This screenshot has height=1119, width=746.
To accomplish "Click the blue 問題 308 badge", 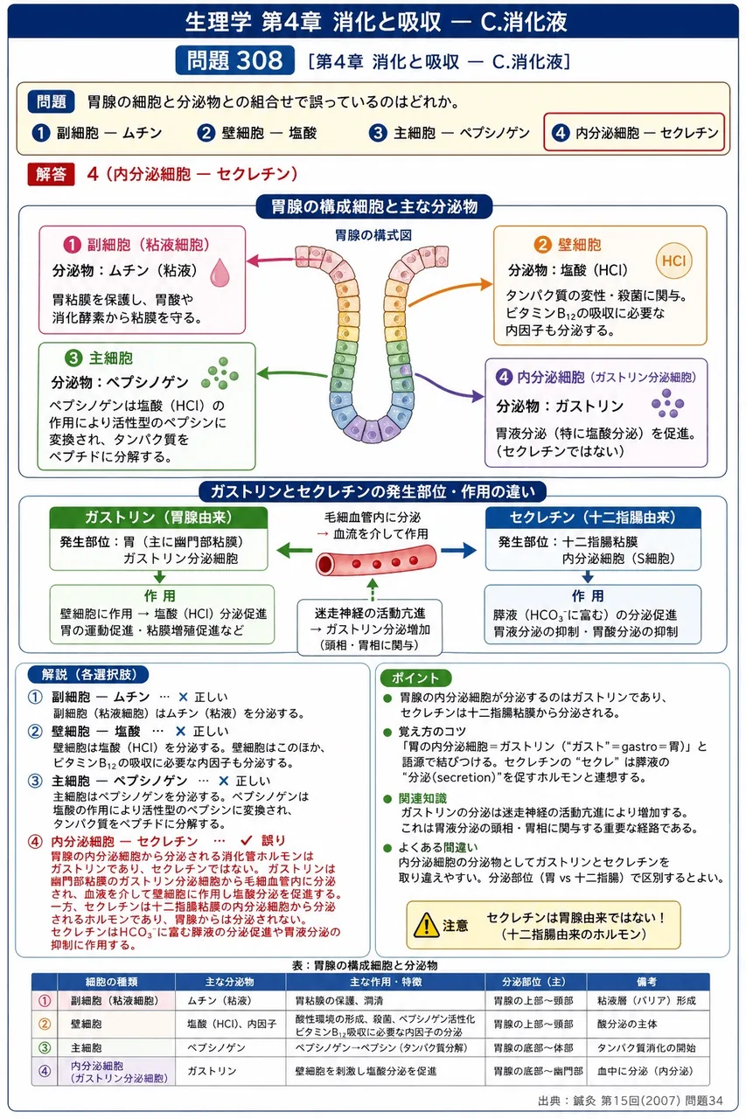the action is [x=235, y=60].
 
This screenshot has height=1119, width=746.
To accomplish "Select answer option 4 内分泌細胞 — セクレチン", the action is [x=634, y=132].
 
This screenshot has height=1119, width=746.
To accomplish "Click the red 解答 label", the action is [x=51, y=174].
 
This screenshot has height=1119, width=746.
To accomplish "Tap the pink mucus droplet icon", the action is [x=220, y=272].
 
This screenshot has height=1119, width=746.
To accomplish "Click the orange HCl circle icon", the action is [x=673, y=261].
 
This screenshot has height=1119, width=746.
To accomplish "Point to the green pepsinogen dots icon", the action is [x=220, y=373].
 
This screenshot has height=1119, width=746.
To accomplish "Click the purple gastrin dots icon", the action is [x=667, y=403].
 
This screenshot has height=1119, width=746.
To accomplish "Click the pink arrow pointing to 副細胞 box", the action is [x=270, y=261].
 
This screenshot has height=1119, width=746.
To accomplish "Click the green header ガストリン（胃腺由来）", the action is [x=158, y=518].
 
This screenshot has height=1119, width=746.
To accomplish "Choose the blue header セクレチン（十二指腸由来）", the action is [x=593, y=518].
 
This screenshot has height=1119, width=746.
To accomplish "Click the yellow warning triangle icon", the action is [x=426, y=925].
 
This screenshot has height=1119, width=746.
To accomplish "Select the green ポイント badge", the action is [x=415, y=678].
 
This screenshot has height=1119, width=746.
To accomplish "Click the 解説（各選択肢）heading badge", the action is [x=88, y=674].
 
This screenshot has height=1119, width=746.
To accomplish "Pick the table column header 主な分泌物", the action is [x=230, y=982].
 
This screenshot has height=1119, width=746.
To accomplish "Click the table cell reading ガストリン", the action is [x=212, y=1071].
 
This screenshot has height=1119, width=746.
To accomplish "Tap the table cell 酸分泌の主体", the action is [x=627, y=1024].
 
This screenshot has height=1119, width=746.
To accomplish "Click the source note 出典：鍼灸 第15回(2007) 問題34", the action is [x=631, y=1100].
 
